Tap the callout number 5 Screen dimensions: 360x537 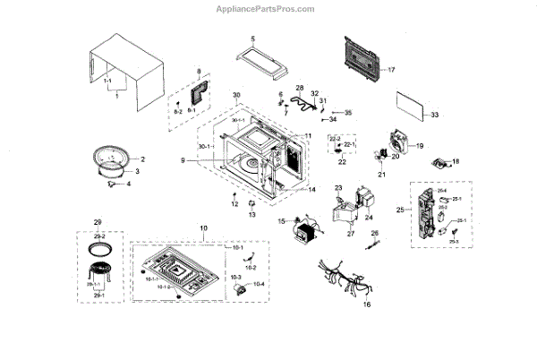point(252,39)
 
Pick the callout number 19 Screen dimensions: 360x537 point(420,145)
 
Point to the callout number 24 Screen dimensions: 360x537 point(370,218)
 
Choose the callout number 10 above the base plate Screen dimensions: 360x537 point(203,229)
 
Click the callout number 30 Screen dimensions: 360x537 point(237,95)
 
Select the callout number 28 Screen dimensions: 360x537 point(300,87)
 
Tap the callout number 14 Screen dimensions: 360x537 point(312,190)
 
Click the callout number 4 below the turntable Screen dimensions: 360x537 point(127,184)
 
